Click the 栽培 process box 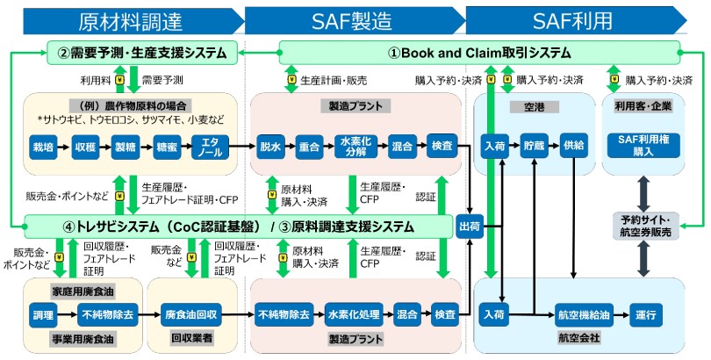pos(42,145)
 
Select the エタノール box pos(212,145)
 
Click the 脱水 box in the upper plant pos(269,145)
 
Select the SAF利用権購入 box pos(644,145)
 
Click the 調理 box pos(42,313)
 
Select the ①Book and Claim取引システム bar pos(479,52)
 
